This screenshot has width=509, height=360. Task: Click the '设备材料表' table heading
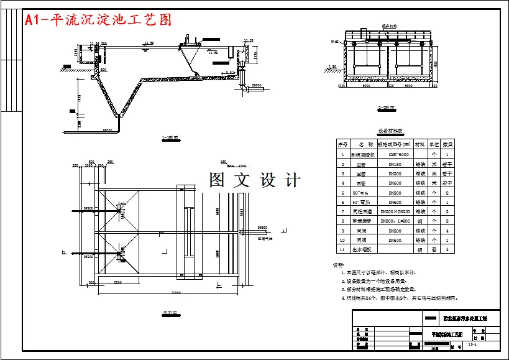(390, 131)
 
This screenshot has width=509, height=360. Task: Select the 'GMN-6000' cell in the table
(398, 154)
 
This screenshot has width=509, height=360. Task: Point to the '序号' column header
(342, 144)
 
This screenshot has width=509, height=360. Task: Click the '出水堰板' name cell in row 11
(361, 249)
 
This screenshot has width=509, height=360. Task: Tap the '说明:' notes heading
(339, 265)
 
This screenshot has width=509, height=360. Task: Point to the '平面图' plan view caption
(169, 313)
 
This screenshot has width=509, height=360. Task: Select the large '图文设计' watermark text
(255, 180)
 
